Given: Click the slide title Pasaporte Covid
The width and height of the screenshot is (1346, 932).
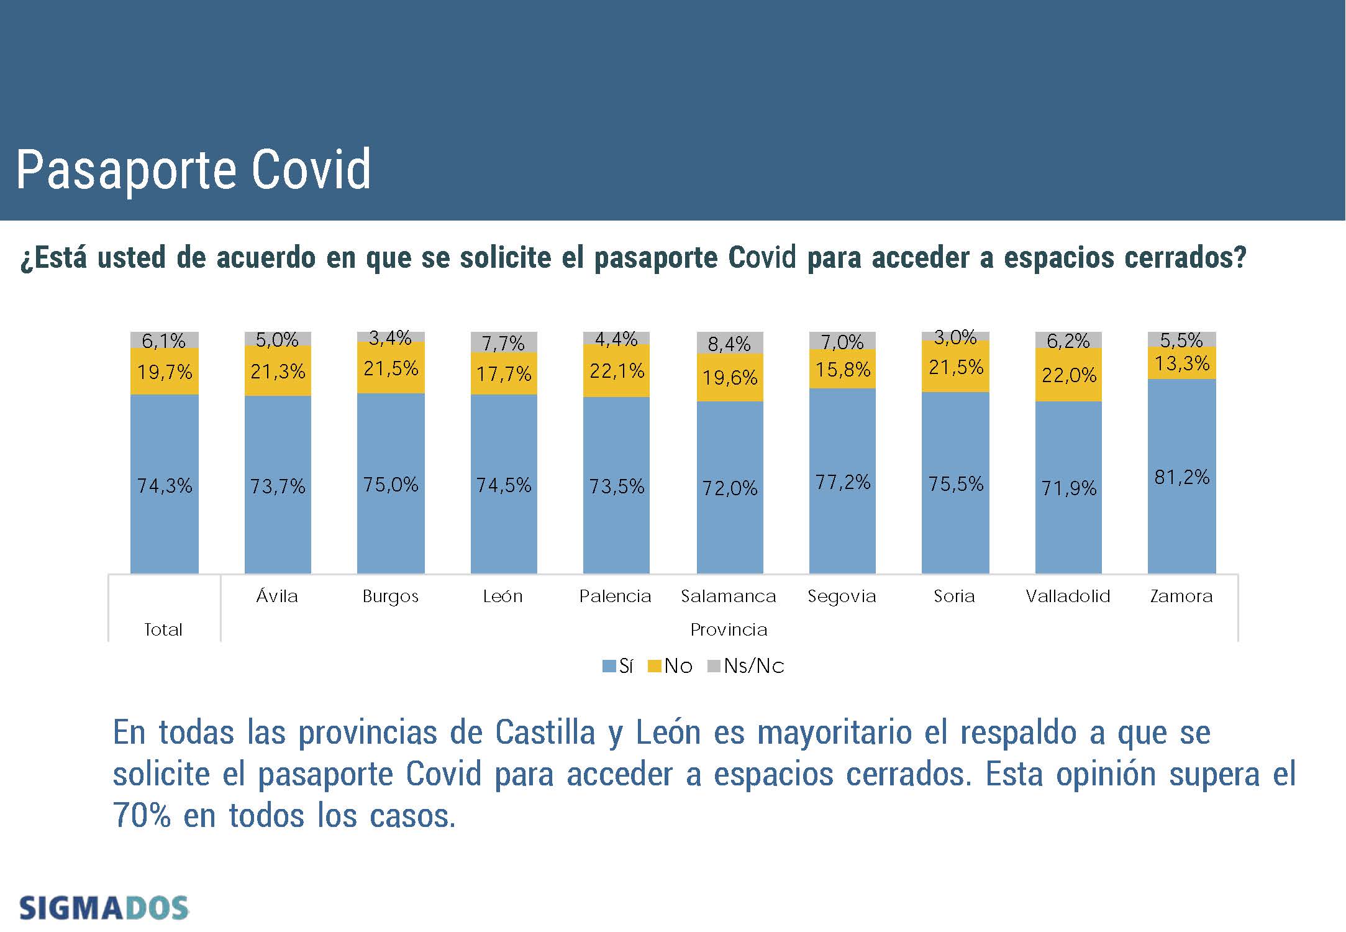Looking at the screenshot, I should point(193,170).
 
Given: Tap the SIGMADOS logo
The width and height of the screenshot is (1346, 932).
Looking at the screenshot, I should point(104,908).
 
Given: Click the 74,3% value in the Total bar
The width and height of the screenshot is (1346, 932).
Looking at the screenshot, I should point(165,485).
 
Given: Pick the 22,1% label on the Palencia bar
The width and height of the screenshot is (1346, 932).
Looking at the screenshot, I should point(617,371).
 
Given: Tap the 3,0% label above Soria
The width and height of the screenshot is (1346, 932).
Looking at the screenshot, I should point(955,337).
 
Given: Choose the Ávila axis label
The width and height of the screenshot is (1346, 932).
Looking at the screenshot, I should point(277,596).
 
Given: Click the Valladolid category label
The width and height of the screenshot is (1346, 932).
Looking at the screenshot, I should point(1068,596).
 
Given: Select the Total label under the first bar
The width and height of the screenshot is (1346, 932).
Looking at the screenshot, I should point(163,630).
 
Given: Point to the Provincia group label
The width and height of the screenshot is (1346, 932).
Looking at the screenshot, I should point(729,630).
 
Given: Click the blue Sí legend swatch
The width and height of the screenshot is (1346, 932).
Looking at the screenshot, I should point(609,666).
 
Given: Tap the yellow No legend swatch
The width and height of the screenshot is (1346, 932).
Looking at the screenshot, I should point(654,666).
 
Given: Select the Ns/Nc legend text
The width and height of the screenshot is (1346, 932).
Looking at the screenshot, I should point(754,666).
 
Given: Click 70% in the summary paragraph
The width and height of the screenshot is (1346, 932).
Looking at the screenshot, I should point(142,815).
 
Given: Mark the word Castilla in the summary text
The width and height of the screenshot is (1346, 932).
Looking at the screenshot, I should point(545,733).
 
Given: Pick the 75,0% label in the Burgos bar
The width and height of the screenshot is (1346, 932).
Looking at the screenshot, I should point(391,485).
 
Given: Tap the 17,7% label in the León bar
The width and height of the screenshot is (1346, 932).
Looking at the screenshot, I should point(504,374).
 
